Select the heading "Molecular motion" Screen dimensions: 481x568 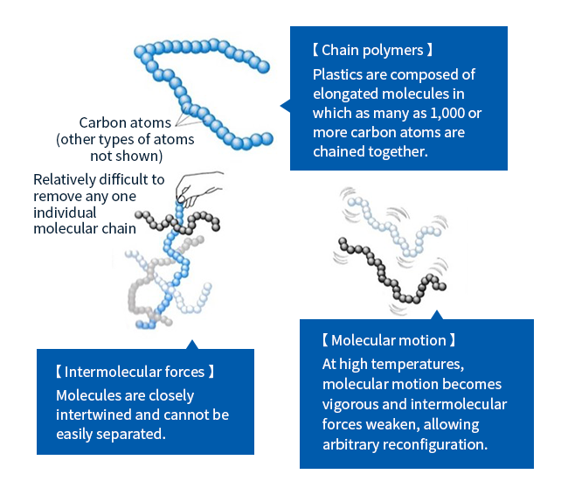[389, 340]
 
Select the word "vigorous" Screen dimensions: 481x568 [351, 404]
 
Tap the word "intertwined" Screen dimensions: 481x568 [95, 415]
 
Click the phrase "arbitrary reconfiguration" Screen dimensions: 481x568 [405, 443]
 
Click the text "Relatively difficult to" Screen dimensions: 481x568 [99, 180]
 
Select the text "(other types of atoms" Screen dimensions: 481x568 [125, 140]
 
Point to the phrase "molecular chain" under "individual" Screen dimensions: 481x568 [84, 229]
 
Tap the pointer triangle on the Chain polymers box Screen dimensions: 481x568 [285, 106]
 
